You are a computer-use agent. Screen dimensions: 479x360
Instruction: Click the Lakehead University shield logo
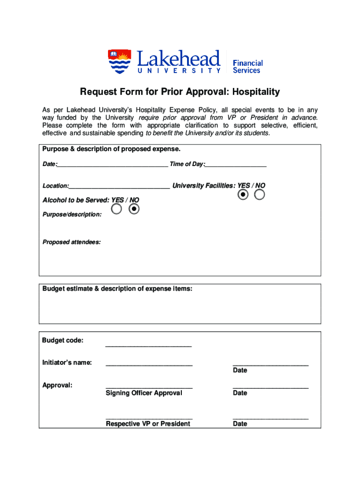(120, 62)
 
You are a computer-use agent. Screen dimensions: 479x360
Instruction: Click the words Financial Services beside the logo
(247, 66)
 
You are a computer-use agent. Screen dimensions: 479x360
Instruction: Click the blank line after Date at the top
(112, 165)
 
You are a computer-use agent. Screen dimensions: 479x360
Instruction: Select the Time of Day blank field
(236, 165)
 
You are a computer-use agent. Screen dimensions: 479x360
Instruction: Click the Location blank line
(119, 187)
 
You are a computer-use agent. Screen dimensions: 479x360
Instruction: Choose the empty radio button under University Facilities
(259, 195)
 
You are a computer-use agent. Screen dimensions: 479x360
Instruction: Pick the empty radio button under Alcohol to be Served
(117, 209)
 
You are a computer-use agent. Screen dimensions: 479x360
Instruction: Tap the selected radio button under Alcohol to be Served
(134, 209)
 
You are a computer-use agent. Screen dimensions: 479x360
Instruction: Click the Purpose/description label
(72, 214)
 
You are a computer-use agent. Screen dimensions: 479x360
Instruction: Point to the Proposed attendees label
(72, 242)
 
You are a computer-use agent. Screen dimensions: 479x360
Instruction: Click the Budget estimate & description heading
(117, 289)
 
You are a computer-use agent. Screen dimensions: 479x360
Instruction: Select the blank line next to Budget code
(149, 345)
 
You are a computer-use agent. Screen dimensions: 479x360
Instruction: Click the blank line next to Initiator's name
(149, 363)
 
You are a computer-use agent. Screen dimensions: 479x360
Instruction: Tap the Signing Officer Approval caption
(144, 393)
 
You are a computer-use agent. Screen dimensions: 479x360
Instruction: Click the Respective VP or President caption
(148, 424)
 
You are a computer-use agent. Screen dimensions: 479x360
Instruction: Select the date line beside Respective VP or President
(271, 418)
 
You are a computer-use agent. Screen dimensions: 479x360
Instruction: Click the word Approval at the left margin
(57, 385)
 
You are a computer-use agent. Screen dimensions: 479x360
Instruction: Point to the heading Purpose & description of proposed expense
(111, 149)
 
